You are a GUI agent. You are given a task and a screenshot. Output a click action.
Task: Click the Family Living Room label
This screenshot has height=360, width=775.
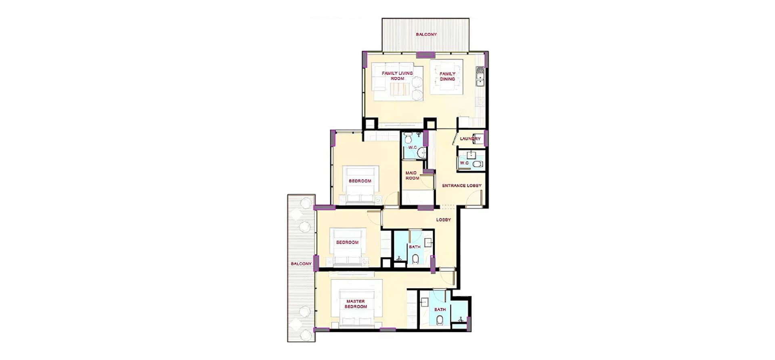[x=397, y=76]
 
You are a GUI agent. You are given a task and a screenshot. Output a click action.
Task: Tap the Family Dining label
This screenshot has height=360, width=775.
[x=447, y=76]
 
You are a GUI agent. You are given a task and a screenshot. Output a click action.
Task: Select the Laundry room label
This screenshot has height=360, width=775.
[x=470, y=138]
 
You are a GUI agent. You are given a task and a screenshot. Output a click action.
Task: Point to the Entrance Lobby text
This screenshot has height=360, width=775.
[x=462, y=186]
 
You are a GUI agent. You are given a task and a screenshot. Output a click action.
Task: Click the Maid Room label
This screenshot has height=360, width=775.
[x=412, y=176]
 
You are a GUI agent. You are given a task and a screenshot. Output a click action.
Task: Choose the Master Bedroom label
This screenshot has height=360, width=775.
[x=356, y=304]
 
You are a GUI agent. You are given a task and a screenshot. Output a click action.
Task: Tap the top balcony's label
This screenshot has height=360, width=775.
[x=426, y=34]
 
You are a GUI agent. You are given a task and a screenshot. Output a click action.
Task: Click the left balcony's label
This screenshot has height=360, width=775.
[x=301, y=264]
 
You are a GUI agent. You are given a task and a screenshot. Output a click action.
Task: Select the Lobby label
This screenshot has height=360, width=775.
[x=443, y=220]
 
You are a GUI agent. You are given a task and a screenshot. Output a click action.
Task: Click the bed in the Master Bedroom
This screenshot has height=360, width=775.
[x=356, y=308]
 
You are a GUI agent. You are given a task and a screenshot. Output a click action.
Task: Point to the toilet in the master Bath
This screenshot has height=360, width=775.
[x=440, y=320]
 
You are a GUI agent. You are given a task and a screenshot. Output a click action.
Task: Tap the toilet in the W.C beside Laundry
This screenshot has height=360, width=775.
[x=478, y=164]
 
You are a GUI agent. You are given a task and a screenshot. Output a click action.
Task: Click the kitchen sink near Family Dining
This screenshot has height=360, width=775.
[x=480, y=77]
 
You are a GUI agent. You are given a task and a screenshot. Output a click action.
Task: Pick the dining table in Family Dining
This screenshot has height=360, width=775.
[x=447, y=77]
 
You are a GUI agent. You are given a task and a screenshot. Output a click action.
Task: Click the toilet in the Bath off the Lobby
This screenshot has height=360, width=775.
[x=415, y=259]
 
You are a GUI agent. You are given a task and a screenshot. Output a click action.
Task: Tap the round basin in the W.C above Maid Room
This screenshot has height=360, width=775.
[x=421, y=153]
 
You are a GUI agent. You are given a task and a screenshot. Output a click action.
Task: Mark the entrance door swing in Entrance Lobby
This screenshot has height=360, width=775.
[x=475, y=198]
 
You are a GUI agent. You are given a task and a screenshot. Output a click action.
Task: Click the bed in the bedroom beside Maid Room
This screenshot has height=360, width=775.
[x=360, y=185]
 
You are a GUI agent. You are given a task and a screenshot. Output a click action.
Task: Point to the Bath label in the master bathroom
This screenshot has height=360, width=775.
[x=440, y=310]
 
